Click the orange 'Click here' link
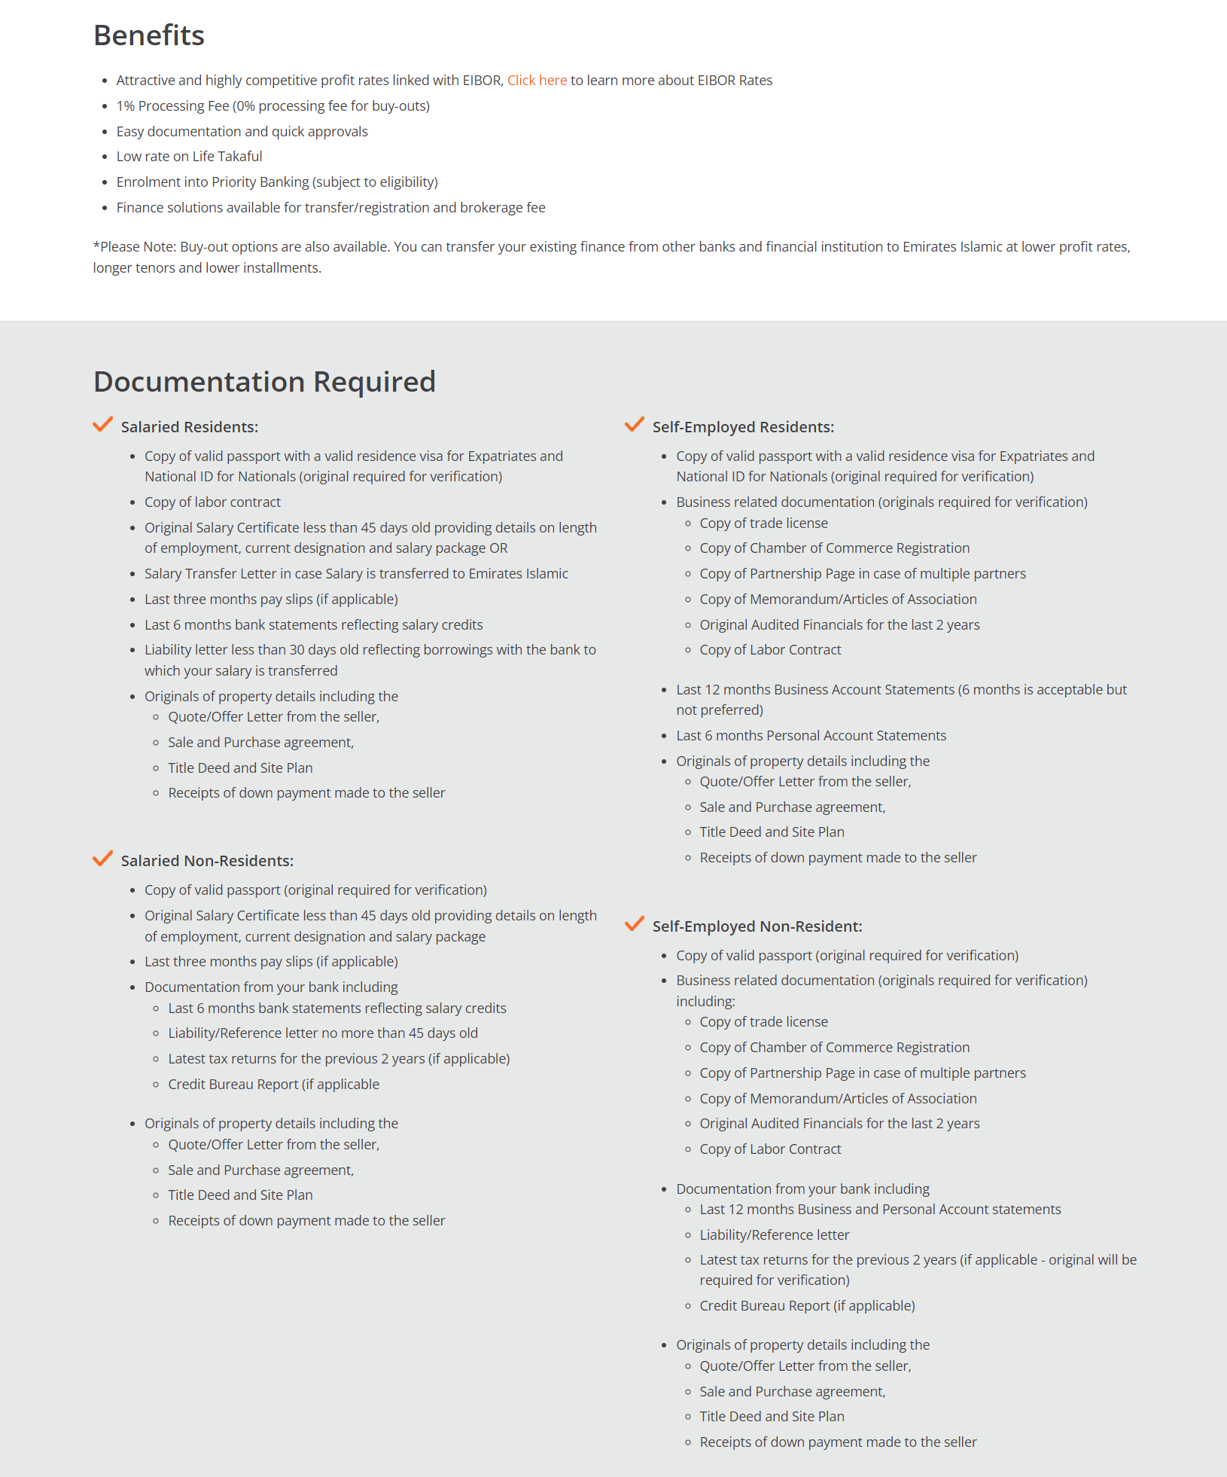pos(537,81)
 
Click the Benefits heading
pos(149,35)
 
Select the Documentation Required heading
pos(264,382)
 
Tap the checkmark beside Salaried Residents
pos(102,425)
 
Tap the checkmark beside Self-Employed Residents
pos(635,425)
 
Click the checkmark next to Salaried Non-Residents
pos(102,859)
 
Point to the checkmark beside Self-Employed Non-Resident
pos(635,924)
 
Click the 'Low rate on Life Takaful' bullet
pos(189,157)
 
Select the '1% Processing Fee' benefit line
pos(272,106)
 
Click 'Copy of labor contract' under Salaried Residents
pos(212,502)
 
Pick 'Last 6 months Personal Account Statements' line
pos(811,736)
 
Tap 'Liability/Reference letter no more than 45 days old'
pos(323,1033)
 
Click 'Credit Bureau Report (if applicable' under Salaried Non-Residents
pos(273,1085)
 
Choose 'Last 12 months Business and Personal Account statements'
pos(880,1210)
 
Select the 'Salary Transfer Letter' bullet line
pos(356,574)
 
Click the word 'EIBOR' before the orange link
pos(482,81)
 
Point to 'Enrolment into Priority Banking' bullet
pos(276,182)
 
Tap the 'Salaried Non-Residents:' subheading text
pos(207,861)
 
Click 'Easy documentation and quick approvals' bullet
pos(242,132)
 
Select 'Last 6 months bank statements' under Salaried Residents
pos(313,625)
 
